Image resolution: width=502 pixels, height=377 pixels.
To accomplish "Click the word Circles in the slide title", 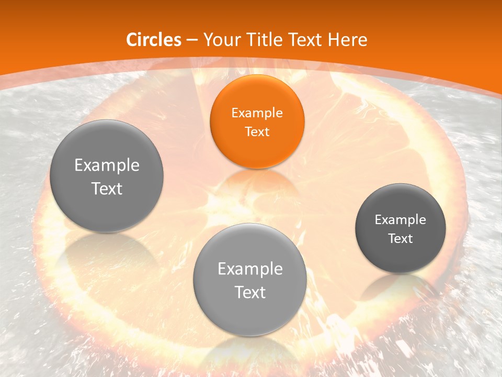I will coord(154,40).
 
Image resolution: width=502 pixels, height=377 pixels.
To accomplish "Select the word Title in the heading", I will coord(264,40).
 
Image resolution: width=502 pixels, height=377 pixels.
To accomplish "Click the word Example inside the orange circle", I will coord(257,113).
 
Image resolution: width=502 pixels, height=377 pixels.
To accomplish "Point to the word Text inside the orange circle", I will coord(257,131).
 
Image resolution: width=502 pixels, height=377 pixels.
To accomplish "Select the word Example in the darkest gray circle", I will coord(401,220).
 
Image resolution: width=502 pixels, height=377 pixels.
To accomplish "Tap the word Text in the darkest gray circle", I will coord(401,239).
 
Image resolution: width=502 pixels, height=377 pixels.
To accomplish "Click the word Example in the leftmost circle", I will coord(107,165).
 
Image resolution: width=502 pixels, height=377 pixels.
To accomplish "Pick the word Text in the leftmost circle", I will coord(107,188).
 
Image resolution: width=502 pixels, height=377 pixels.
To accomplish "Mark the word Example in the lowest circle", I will coord(250,269).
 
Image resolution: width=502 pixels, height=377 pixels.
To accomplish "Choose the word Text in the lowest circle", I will coord(250,292).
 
